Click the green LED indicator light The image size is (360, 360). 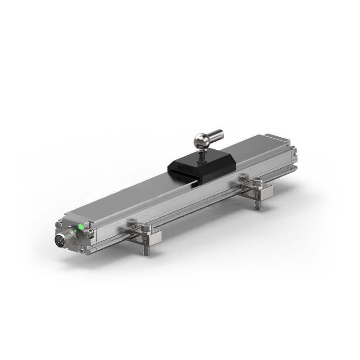coord(81,226)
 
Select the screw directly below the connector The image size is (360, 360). coord(81,249)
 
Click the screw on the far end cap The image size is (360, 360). coord(293,148)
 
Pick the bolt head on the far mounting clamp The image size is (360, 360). coord(257,182)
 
